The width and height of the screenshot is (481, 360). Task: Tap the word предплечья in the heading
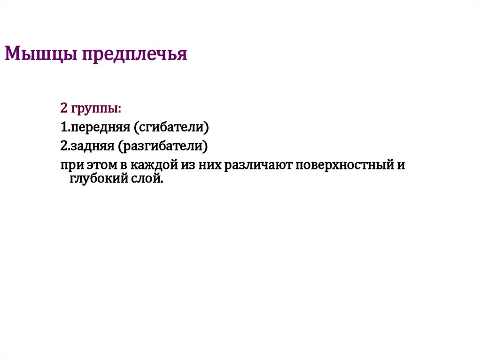(135, 54)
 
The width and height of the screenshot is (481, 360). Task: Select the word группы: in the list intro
(96, 109)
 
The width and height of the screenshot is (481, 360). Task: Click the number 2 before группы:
(64, 108)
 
